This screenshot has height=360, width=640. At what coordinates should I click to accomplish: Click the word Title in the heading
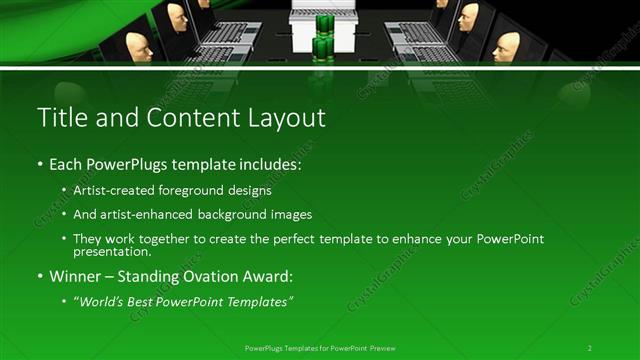pyautogui.click(x=60, y=118)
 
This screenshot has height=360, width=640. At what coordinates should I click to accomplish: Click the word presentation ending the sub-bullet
pyautogui.click(x=112, y=252)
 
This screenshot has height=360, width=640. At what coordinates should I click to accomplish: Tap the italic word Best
pyautogui.click(x=146, y=301)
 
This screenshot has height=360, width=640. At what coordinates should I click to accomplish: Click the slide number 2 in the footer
pyautogui.click(x=589, y=347)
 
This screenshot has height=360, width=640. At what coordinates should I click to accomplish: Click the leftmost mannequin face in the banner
pyautogui.click(x=138, y=46)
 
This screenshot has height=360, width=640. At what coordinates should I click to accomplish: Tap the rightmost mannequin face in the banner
pyautogui.click(x=507, y=46)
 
